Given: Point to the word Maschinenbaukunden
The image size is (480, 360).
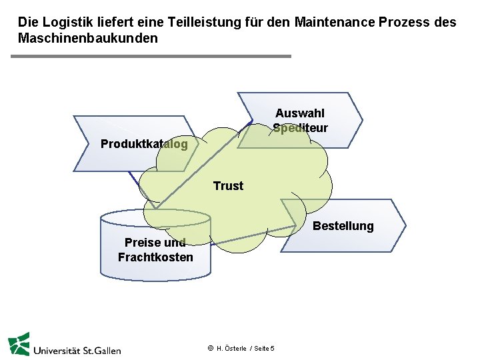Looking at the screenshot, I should pyautogui.click(x=88, y=38).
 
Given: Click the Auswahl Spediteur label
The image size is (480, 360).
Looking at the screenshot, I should pyautogui.click(x=300, y=121).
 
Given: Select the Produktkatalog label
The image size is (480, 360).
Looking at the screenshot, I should pyautogui.click(x=144, y=144).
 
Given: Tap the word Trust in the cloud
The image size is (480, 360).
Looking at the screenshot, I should pyautogui.click(x=228, y=186).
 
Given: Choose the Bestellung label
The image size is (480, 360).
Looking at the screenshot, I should pyautogui.click(x=343, y=226).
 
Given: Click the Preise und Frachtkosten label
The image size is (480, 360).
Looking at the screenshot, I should pyautogui.click(x=155, y=250).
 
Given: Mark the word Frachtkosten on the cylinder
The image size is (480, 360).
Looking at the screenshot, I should pyautogui.click(x=155, y=257).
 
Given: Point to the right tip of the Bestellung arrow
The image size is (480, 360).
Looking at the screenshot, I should pyautogui.click(x=404, y=225).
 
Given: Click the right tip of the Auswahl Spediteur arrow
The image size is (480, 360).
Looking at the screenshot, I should pyautogui.click(x=361, y=120).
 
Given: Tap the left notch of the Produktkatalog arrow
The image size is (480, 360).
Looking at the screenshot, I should pyautogui.click(x=89, y=143).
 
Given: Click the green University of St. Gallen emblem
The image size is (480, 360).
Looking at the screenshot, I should pyautogui.click(x=19, y=343).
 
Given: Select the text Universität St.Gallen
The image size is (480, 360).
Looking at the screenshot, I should pyautogui.click(x=77, y=349).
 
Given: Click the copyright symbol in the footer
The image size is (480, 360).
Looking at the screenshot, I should pyautogui.click(x=210, y=348).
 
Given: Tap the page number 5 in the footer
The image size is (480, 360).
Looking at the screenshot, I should pyautogui.click(x=273, y=349).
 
